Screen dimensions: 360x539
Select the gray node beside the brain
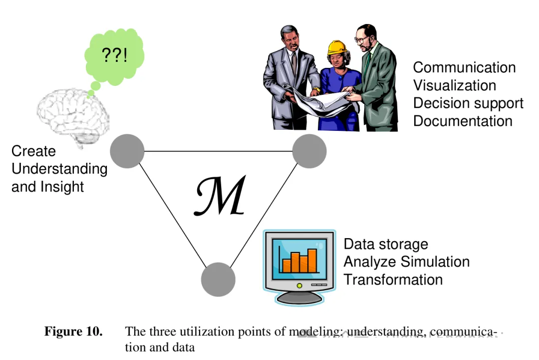click(x=127, y=151)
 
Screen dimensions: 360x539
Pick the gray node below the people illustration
click(x=309, y=151)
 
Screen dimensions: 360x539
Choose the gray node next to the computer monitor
click(x=218, y=279)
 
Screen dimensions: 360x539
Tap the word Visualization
click(x=454, y=85)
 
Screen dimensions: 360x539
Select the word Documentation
click(x=463, y=121)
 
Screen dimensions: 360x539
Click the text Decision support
click(x=468, y=103)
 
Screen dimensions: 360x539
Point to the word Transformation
click(x=393, y=280)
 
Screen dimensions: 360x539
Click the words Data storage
click(x=386, y=244)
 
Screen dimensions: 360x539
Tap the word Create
click(x=33, y=151)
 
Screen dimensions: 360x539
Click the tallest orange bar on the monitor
click(x=312, y=261)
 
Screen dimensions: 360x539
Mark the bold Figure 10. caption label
click(x=73, y=331)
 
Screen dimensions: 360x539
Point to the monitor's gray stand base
click(x=299, y=298)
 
